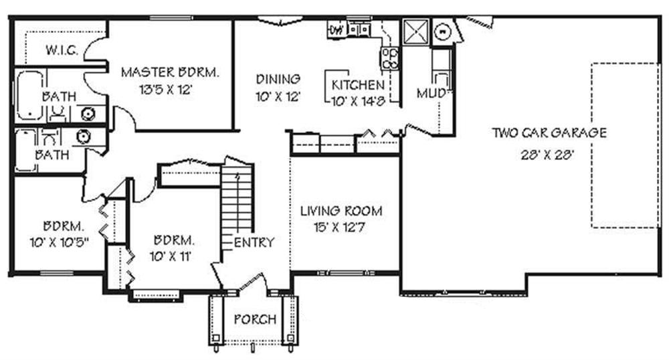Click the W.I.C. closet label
point(62,51)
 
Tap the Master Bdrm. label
point(170,72)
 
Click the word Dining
point(278,80)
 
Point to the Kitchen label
point(358,85)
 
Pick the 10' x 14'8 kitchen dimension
point(358,101)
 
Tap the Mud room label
point(430,94)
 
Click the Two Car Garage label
point(549,132)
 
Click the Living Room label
point(341,211)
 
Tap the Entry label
point(254,242)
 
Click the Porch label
point(254,320)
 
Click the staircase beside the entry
point(237,197)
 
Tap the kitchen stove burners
point(390,58)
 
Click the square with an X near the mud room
point(415,31)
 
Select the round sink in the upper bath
point(86,113)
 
